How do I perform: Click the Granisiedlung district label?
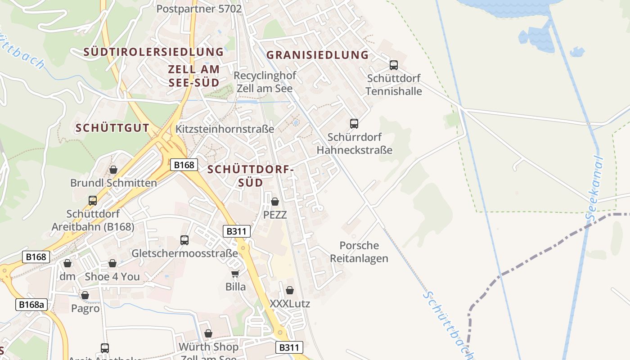[x=317, y=55]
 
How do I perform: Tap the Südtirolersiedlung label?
[x=153, y=52]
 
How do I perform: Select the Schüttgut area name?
[x=112, y=128]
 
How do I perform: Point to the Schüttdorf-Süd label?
[x=251, y=176]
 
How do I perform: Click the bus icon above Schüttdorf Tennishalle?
[x=394, y=65]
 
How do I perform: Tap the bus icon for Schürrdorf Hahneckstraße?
[x=354, y=123]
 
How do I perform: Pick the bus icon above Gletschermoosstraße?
[x=184, y=240]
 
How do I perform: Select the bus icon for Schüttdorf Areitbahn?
[x=93, y=201]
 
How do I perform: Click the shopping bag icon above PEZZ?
[x=275, y=202]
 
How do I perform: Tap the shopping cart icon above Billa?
[x=235, y=274]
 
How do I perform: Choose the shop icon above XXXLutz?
[x=290, y=290]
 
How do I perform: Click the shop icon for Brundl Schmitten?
[x=113, y=170]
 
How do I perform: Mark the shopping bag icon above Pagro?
[x=85, y=295]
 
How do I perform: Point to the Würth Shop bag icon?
[x=208, y=333]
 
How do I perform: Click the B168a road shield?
[x=31, y=305]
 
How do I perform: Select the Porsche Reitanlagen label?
[x=359, y=252]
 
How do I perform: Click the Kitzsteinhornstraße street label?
[x=225, y=129]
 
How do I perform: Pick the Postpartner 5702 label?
[x=199, y=9]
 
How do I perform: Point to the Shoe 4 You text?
[x=112, y=276]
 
